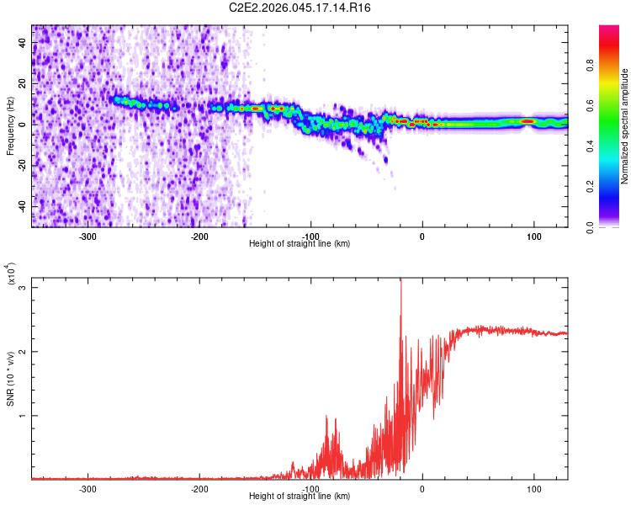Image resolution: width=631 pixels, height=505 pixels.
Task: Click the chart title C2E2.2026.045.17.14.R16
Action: [300, 8]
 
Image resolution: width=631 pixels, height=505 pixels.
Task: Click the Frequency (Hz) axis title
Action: [10, 125]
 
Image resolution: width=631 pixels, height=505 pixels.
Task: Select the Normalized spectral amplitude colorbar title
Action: [625, 125]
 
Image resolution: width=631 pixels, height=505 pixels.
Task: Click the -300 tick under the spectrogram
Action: [88, 236]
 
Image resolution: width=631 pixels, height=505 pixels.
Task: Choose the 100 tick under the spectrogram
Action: [533, 236]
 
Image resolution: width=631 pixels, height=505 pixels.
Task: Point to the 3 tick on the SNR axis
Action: [23, 287]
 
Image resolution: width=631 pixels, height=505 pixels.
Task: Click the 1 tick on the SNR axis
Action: [23, 415]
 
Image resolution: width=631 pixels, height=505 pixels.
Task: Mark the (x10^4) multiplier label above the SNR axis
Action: [11, 274]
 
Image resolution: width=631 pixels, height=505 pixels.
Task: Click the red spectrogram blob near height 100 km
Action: [528, 121]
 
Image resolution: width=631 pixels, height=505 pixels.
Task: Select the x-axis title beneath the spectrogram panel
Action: [300, 244]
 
